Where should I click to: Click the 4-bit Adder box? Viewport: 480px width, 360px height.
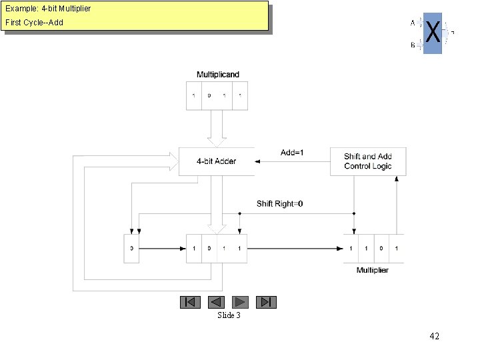tap(216, 161)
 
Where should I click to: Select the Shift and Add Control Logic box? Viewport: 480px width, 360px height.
tap(367, 161)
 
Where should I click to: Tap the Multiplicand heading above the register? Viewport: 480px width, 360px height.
tap(217, 74)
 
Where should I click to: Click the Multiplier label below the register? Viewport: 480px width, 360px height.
tap(373, 270)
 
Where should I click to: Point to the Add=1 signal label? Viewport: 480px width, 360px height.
tap(292, 153)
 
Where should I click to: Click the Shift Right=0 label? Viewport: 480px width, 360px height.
tap(280, 203)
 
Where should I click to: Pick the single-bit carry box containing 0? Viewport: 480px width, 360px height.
tap(131, 248)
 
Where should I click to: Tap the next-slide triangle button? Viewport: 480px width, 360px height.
tap(241, 302)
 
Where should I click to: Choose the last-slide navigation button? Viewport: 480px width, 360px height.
tap(266, 302)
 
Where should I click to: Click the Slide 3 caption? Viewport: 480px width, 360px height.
tap(229, 315)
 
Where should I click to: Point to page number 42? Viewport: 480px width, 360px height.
tap(434, 337)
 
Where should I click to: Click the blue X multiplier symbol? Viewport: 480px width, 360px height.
tap(433, 32)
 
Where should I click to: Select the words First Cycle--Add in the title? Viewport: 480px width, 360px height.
tap(34, 23)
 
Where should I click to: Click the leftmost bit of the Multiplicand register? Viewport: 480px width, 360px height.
tap(193, 95)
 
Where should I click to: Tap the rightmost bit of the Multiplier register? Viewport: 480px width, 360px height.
tap(397, 248)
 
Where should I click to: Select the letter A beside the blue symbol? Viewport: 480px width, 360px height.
tap(413, 23)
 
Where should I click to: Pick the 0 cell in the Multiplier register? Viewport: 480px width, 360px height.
tap(381, 248)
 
